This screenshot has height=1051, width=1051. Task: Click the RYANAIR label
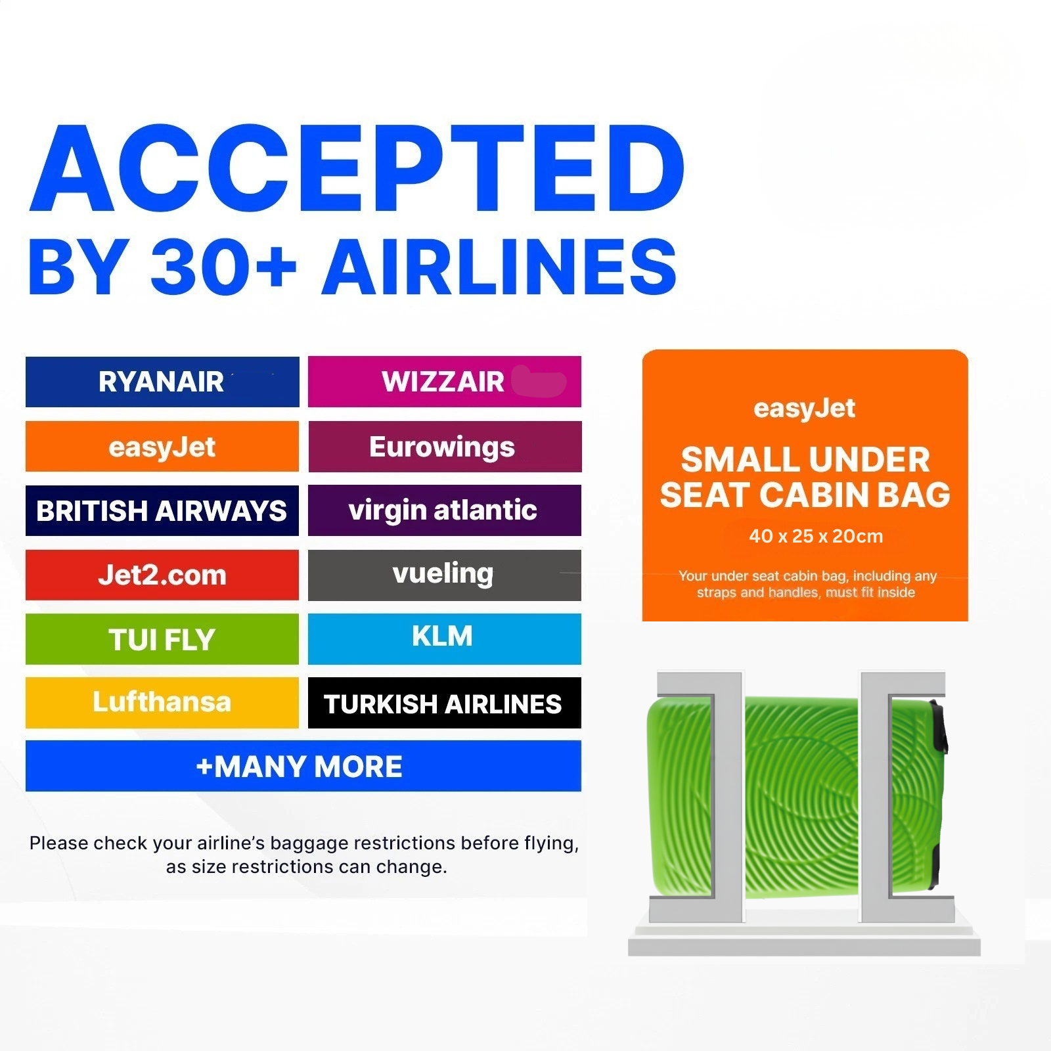tap(161, 382)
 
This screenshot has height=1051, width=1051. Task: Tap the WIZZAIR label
tap(443, 382)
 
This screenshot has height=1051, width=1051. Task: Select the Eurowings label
tap(442, 447)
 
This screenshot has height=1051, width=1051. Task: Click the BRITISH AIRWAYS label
tap(162, 511)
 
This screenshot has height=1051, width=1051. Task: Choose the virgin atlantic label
tap(443, 510)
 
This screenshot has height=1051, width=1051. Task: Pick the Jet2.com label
tap(162, 575)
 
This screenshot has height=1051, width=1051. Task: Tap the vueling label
tap(443, 574)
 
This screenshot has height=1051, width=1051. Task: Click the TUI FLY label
tap(162, 640)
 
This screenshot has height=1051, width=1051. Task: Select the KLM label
tap(442, 636)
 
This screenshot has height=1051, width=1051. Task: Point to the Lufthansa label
tap(162, 702)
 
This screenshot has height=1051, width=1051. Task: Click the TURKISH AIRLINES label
tap(443, 704)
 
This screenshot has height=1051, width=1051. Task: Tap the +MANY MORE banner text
tap(299, 767)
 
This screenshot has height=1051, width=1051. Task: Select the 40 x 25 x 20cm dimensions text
tap(816, 536)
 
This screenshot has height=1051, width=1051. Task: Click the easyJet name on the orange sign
tap(805, 409)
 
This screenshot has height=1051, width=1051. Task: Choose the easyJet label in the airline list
tap(162, 447)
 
